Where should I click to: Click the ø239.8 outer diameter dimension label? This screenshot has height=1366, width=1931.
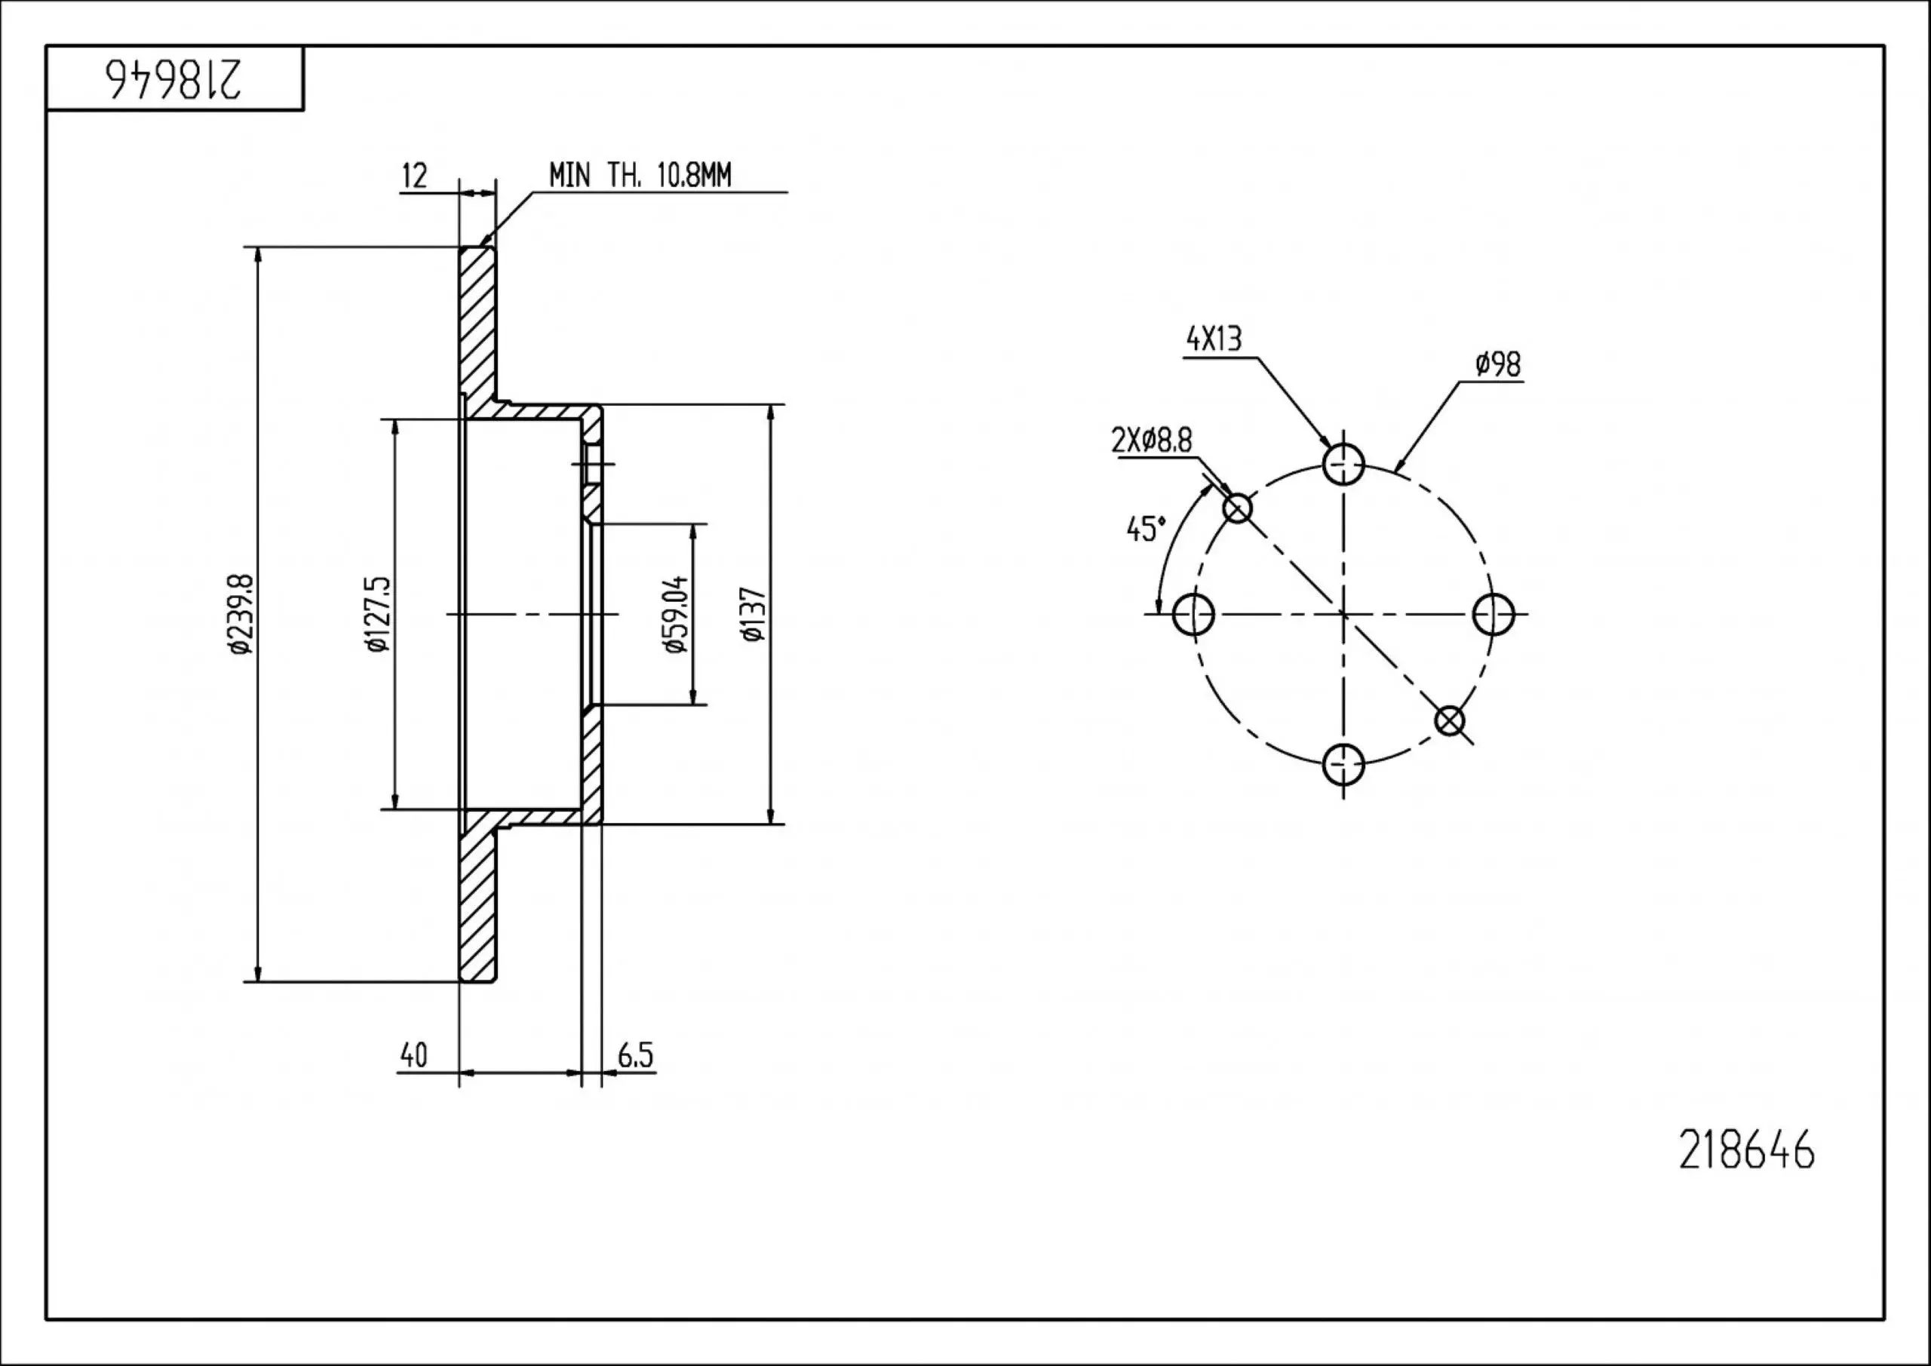(x=239, y=614)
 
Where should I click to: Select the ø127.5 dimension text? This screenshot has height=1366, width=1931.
(x=379, y=614)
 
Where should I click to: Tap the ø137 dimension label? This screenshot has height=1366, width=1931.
(x=754, y=614)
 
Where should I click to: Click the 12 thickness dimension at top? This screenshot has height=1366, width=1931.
(x=415, y=177)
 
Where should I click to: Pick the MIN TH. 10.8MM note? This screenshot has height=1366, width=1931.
(x=640, y=175)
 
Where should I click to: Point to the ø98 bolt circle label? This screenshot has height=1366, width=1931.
(x=1498, y=364)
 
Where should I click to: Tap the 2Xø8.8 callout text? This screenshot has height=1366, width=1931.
(x=1151, y=440)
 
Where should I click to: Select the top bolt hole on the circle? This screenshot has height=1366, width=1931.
(x=1343, y=463)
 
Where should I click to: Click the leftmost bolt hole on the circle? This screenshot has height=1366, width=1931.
(x=1193, y=614)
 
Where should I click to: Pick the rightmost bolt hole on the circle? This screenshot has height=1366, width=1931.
(x=1494, y=614)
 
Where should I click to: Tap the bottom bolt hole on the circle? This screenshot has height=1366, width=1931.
(x=1343, y=765)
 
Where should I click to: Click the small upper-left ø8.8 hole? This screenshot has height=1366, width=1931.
(x=1237, y=508)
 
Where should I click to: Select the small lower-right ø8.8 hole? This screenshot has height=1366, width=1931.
(x=1450, y=721)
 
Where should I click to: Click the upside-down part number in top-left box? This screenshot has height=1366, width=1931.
(x=174, y=79)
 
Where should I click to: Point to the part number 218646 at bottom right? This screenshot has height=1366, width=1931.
(x=1747, y=1151)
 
